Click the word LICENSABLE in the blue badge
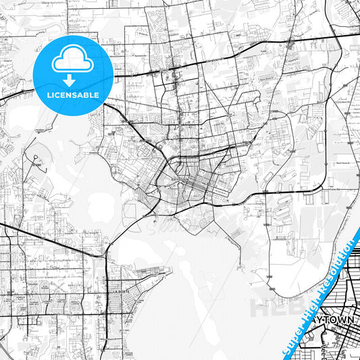click(73, 95)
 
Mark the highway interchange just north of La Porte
click(105, 255)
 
